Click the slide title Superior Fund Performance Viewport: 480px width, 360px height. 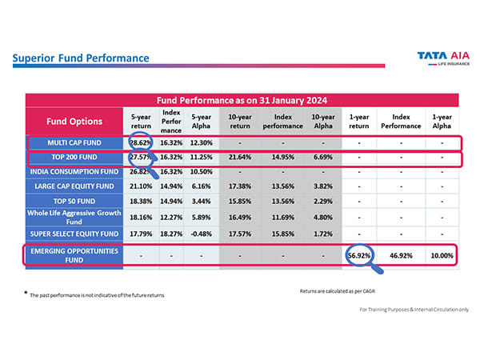coord(81,58)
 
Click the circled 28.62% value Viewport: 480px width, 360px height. coord(141,142)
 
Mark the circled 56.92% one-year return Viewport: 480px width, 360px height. coord(359,256)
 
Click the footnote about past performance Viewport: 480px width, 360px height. coord(96,295)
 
